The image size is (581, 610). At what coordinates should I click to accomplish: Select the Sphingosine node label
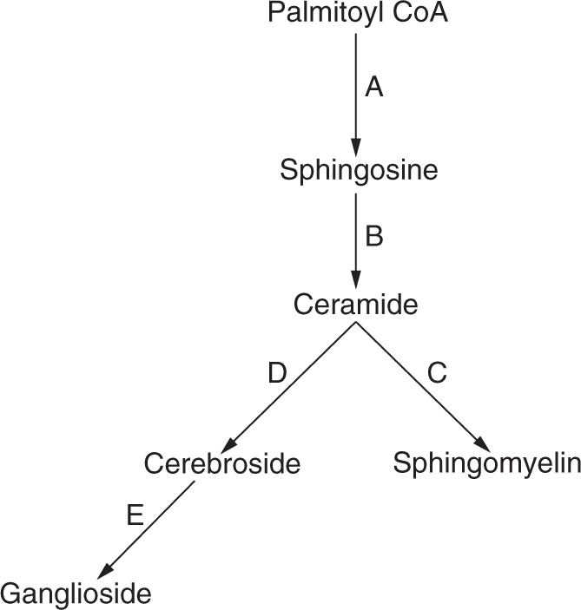click(358, 169)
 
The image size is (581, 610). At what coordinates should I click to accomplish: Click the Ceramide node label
click(356, 305)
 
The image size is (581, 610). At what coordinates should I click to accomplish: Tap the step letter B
click(373, 236)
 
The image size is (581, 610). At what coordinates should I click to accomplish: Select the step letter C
click(436, 373)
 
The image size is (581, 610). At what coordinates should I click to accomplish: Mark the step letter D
click(275, 373)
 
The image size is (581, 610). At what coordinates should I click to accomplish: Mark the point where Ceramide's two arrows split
click(355, 324)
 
